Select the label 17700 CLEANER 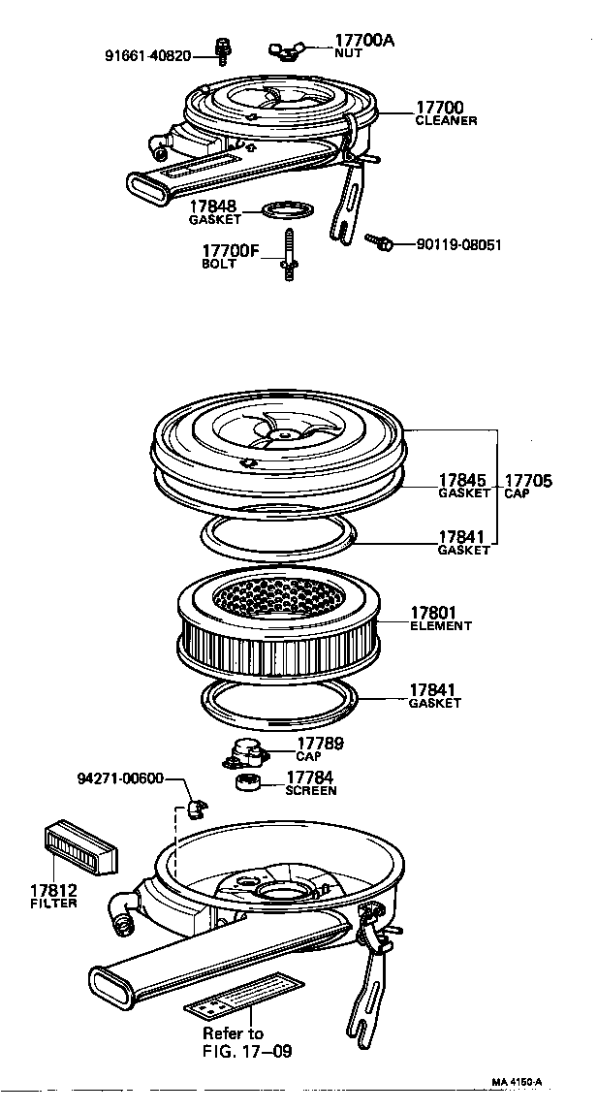click(x=446, y=113)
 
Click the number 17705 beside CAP click(x=528, y=480)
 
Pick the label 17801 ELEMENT click(x=441, y=619)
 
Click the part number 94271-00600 click(x=119, y=778)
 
